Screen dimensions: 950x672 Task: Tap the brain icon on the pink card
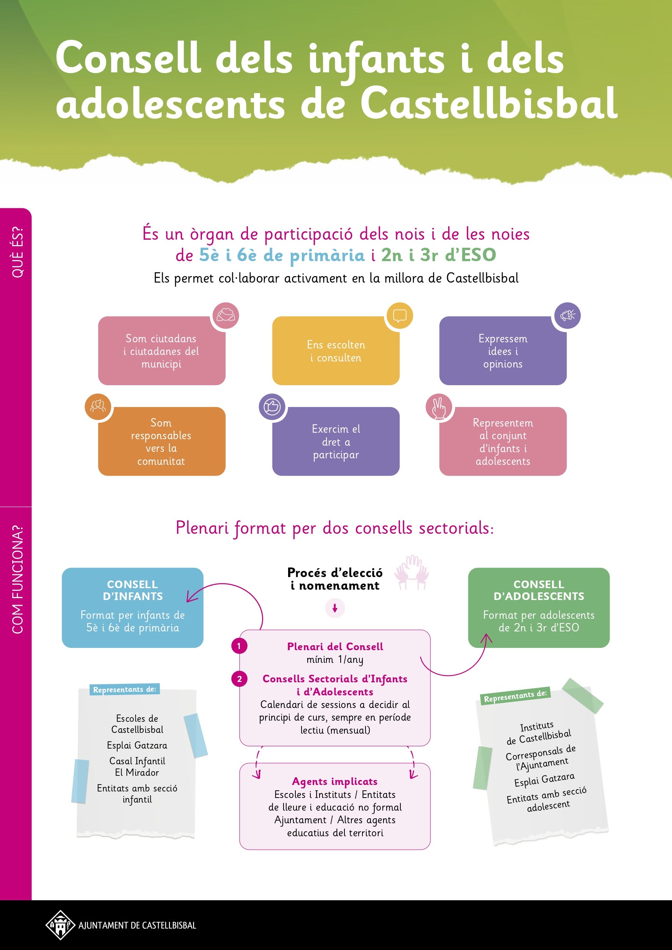[x=226, y=315]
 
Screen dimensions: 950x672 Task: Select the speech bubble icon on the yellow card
[x=400, y=315]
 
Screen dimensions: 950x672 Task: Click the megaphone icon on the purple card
[x=567, y=315]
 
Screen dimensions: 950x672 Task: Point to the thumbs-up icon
[x=272, y=406]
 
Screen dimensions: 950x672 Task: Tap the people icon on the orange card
[x=98, y=406]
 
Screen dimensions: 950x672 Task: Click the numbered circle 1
[x=239, y=646]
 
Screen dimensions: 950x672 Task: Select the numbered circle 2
[x=239, y=679]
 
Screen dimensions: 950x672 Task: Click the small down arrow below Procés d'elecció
[x=335, y=608]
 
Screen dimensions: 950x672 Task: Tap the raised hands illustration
[x=411, y=572]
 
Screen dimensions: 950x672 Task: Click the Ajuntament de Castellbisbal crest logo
[x=60, y=925]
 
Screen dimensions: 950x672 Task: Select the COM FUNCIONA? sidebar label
[x=17, y=579]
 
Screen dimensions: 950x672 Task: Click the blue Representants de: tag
[x=124, y=689]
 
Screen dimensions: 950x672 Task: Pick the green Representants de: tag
[x=515, y=696]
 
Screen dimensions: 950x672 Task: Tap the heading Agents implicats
[x=334, y=781]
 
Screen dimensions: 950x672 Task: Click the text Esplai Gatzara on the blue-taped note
[x=137, y=745]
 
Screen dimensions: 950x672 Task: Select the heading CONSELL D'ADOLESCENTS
[x=539, y=590]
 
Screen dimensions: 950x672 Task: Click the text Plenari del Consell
[x=335, y=646]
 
